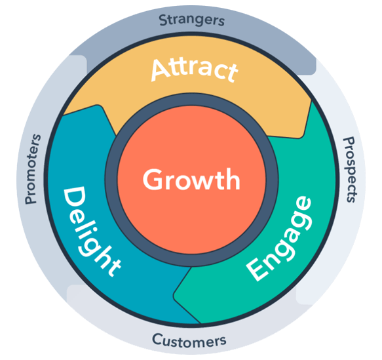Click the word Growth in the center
click(x=191, y=179)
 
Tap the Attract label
click(x=195, y=70)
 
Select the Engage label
click(x=279, y=239)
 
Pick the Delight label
click(x=92, y=231)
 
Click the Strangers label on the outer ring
click(x=192, y=20)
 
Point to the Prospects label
click(x=351, y=170)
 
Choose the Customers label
click(x=189, y=341)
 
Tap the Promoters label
click(x=33, y=169)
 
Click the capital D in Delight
click(x=74, y=197)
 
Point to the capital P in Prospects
click(x=349, y=142)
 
